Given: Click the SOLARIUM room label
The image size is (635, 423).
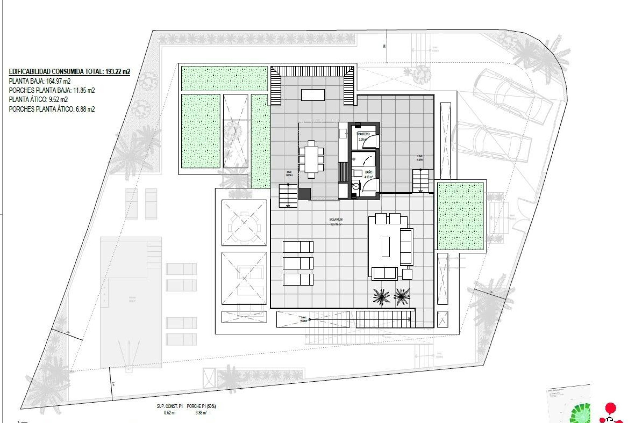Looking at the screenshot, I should click(336, 219).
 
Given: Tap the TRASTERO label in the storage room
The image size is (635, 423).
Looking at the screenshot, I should click(363, 134).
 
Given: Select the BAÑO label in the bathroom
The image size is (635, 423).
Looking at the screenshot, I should click(368, 172).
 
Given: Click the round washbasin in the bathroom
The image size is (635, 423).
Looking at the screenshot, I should click(356, 186).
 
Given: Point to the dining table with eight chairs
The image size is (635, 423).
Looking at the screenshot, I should click(311, 159).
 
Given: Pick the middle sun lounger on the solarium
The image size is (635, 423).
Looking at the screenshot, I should click(298, 263).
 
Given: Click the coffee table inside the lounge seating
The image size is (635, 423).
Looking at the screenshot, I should click(386, 247).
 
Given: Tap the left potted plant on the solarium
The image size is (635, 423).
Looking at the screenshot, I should click(381, 296).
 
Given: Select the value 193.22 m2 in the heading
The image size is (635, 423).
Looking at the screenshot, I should click(117, 72).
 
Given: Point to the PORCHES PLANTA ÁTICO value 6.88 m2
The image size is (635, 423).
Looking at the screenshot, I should click(85, 109).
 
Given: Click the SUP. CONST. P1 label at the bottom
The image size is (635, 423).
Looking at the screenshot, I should click(169, 406).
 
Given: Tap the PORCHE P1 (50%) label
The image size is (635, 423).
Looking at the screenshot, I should click(201, 406).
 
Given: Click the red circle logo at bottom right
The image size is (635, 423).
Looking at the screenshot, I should click(611, 408).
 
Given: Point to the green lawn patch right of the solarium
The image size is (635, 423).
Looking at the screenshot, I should click(460, 216).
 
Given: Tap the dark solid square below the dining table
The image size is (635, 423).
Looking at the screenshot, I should click(305, 194).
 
